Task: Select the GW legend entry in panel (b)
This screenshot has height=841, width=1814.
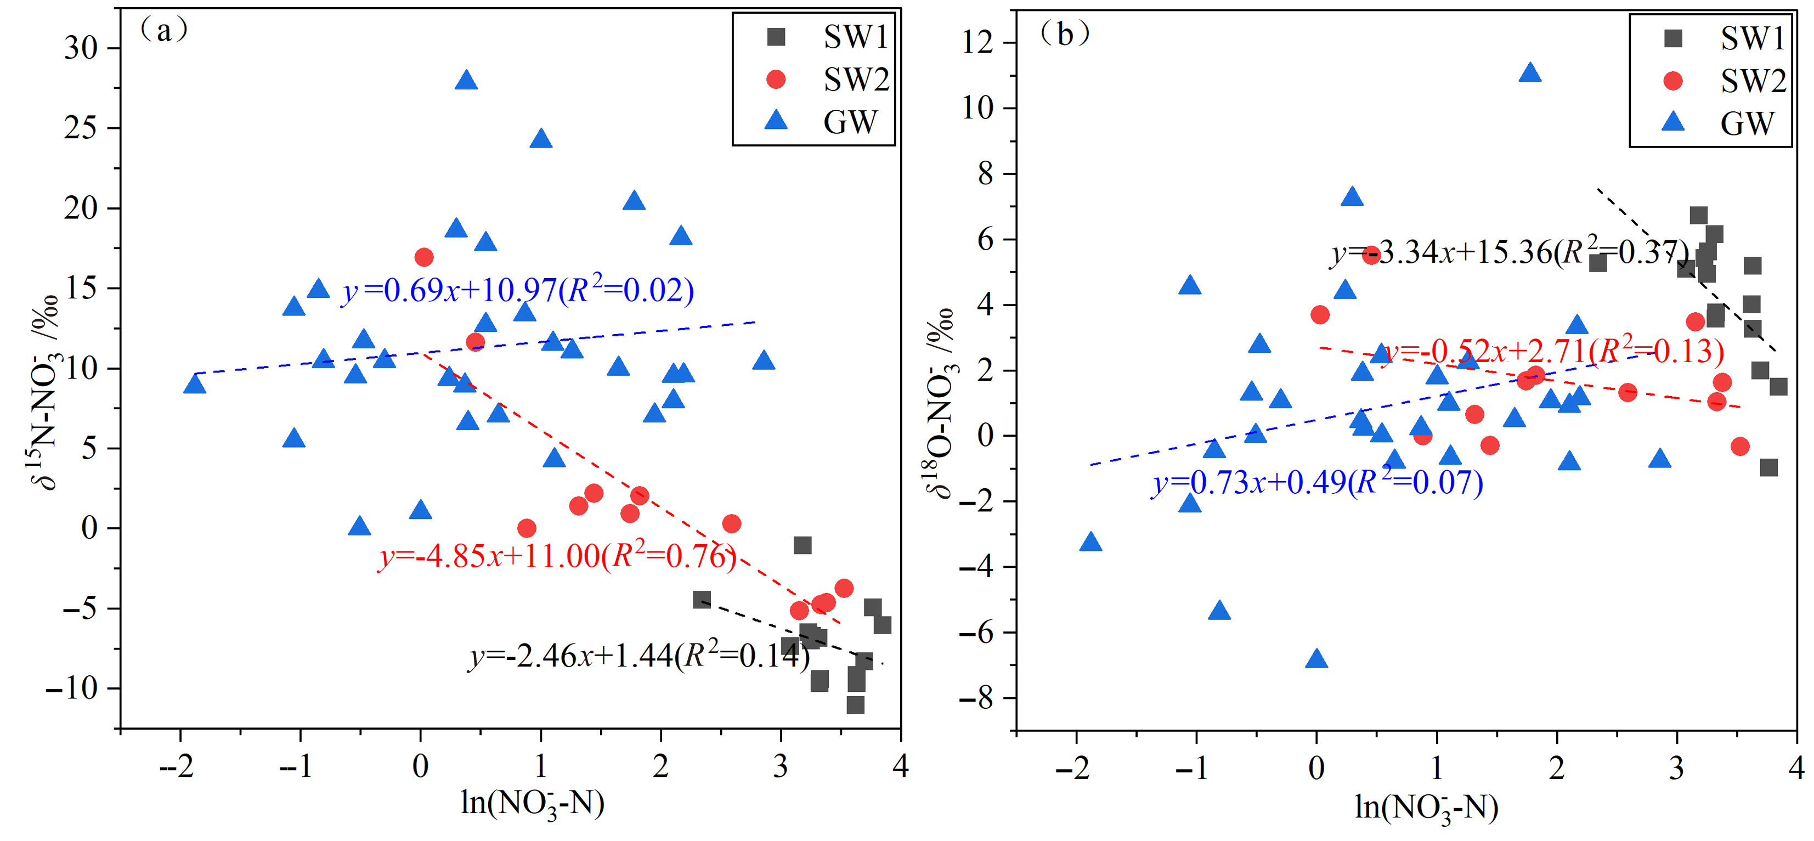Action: coord(1725,124)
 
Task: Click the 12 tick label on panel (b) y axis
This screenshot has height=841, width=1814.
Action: coord(977,43)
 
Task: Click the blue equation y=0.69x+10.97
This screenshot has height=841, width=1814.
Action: coord(518,290)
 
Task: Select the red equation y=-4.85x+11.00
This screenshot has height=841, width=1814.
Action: coord(557,556)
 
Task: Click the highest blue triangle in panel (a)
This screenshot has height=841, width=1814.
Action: coord(466,80)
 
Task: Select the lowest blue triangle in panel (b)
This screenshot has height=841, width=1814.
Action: coord(1316,659)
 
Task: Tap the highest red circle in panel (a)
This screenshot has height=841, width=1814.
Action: coord(424,257)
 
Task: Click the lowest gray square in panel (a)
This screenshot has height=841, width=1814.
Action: coord(855,704)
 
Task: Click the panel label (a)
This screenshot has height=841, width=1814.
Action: coord(164,30)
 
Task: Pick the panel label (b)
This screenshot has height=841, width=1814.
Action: coord(1065,33)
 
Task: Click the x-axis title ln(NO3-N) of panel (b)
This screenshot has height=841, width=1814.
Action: coord(1426,807)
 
